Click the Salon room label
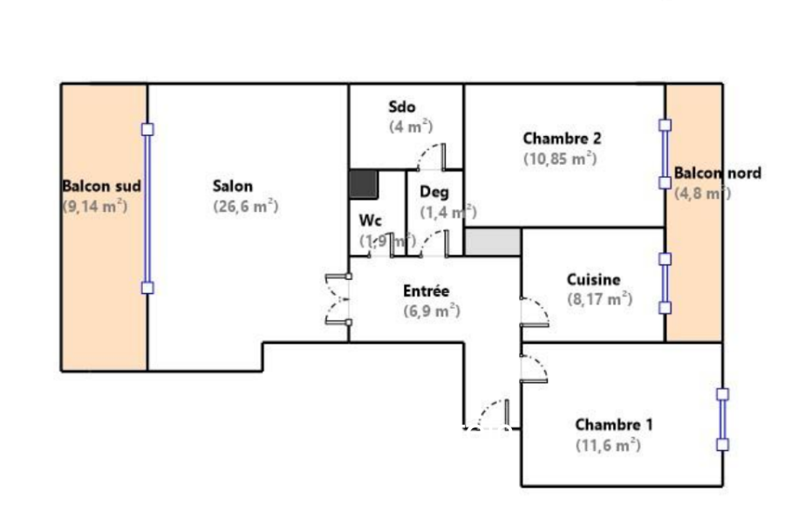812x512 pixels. point(233,186)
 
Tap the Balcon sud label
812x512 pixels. point(101,186)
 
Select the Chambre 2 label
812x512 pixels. point(562,138)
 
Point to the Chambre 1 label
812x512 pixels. point(614,425)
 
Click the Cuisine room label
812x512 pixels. point(594,280)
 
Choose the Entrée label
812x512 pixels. point(426,291)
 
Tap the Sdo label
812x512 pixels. point(402,107)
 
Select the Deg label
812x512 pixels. point(433,192)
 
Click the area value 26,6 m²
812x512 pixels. point(245,207)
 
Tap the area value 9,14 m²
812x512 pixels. point(96,207)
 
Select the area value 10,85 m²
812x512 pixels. point(560,159)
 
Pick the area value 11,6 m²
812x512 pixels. point(608,446)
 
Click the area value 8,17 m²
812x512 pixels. point(599,299)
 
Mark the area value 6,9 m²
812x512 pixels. point(432,311)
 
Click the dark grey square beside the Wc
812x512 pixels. point(363,184)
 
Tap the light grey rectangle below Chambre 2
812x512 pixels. point(493,242)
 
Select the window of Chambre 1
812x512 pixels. point(722,420)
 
